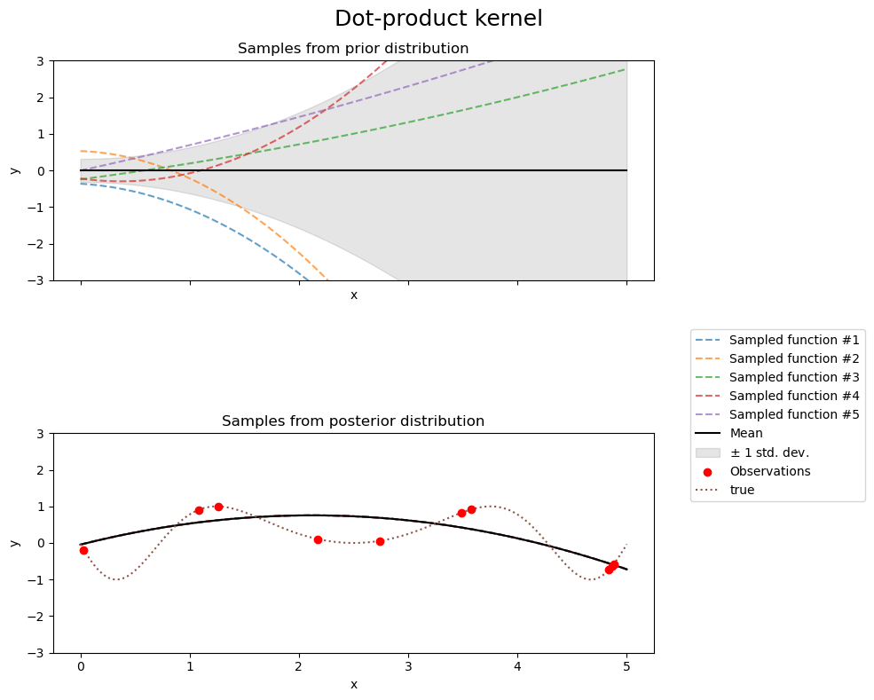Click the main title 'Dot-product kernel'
point(438,19)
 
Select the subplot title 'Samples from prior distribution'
point(353,48)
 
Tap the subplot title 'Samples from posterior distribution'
point(353,421)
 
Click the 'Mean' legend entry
point(745,434)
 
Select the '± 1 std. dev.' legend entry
point(768,452)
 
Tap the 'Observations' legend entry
point(769,471)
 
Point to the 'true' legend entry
point(742,490)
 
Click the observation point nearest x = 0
point(83,550)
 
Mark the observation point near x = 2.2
point(318,539)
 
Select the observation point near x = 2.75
point(380,541)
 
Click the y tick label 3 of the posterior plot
point(41,434)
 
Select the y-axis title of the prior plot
point(15,170)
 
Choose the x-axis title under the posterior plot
point(353,684)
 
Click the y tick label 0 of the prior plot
point(41,170)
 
